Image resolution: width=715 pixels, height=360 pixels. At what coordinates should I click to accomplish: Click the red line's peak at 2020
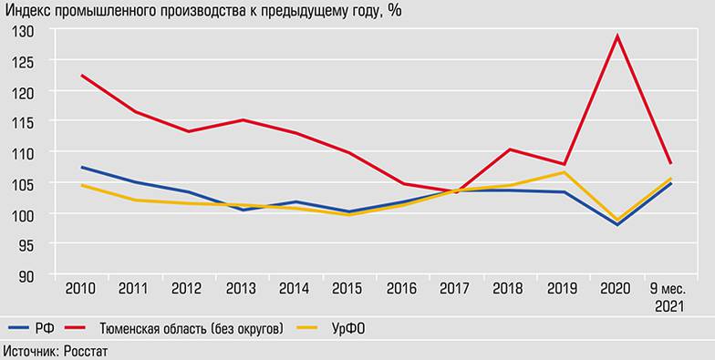coord(617,36)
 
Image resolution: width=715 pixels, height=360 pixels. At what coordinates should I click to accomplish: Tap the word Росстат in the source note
coord(87,351)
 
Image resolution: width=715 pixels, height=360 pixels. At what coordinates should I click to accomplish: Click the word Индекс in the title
coord(28,11)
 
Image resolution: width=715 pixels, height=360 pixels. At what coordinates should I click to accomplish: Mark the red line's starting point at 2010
coord(81,76)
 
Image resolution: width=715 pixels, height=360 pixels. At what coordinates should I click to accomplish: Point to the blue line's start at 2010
coord(81,167)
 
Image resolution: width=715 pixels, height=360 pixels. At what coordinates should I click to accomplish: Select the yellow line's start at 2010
coord(81,185)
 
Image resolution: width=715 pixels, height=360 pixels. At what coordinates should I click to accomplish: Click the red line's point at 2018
coord(510,149)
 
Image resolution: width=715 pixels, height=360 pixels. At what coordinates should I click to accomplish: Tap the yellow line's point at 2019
coord(564,172)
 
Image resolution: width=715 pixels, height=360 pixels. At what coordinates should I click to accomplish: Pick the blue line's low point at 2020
coord(617,224)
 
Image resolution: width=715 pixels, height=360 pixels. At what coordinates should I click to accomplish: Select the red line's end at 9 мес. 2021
coord(670,162)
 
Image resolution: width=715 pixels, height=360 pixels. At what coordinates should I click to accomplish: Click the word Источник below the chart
coord(30,351)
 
